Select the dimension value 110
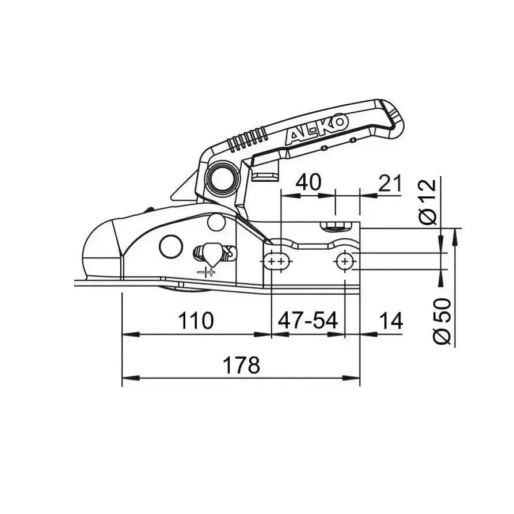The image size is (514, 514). (196, 321)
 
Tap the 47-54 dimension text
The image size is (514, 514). (307, 321)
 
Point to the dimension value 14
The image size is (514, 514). (390, 321)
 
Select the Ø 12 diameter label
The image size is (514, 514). (429, 201)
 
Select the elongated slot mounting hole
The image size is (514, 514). (277, 261)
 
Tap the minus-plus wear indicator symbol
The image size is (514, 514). (205, 271)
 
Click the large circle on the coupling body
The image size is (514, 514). (171, 247)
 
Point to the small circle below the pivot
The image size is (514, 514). (216, 222)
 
